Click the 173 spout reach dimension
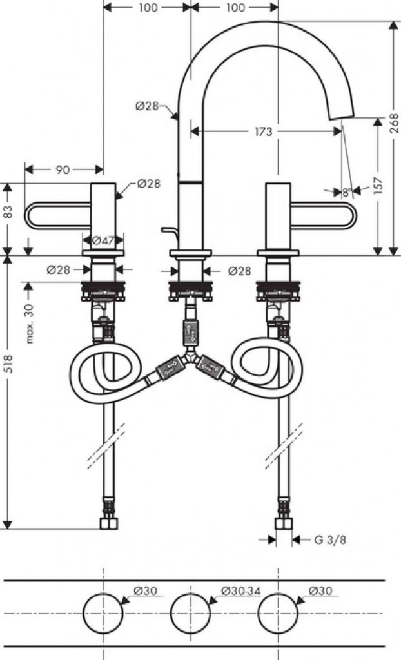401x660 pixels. click(x=264, y=131)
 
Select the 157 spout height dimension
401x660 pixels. click(x=378, y=185)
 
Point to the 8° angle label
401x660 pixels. click(x=347, y=192)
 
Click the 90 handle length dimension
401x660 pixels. click(x=63, y=170)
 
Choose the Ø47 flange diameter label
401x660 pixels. click(x=103, y=241)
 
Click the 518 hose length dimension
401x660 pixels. click(x=8, y=364)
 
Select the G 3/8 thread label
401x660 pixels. click(x=331, y=539)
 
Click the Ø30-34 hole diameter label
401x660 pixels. click(x=241, y=591)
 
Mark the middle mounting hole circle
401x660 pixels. click(x=190, y=612)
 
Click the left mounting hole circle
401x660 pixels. click(x=103, y=612)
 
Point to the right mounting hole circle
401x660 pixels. click(x=278, y=612)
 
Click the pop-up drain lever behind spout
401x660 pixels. click(x=170, y=231)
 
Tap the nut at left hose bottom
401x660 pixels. click(x=109, y=523)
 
